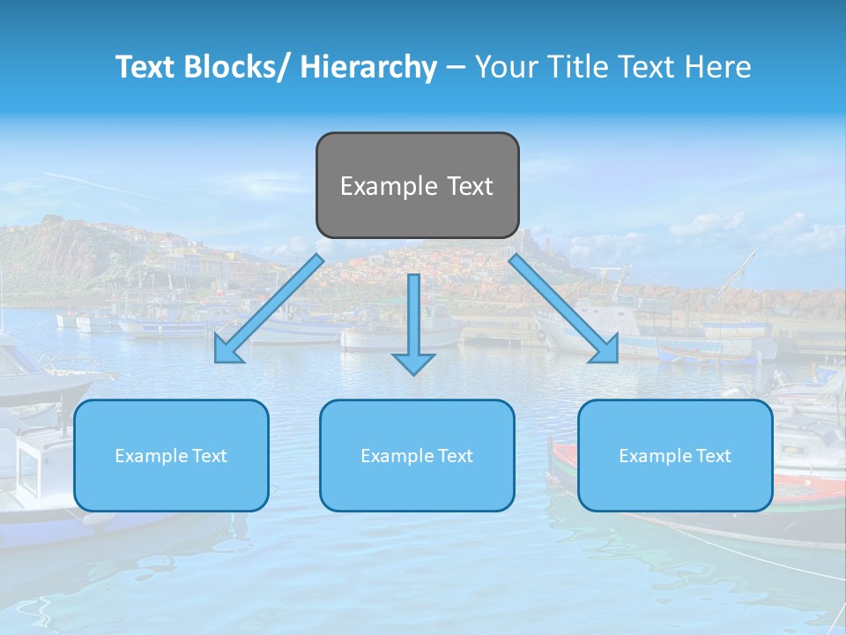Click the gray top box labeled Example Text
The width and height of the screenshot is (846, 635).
click(417, 185)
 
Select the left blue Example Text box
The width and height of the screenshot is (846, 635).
click(171, 455)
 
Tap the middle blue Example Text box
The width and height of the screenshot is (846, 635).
click(417, 455)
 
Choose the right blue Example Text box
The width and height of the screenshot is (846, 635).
click(675, 455)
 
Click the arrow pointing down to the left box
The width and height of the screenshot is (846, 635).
click(269, 310)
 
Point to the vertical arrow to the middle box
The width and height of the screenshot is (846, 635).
click(413, 317)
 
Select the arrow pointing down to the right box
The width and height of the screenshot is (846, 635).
click(564, 309)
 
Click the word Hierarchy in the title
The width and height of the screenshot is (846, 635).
click(367, 67)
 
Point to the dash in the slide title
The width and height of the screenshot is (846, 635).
click(456, 68)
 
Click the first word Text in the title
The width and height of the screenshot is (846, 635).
click(146, 67)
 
